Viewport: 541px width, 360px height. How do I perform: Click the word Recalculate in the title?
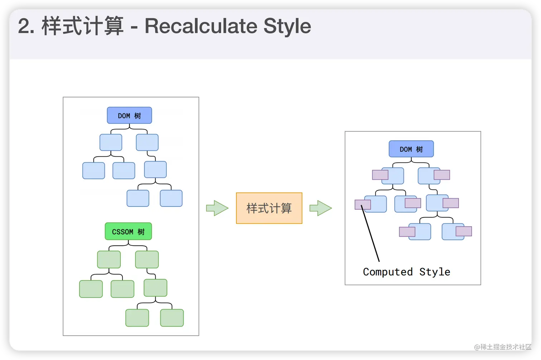(201, 26)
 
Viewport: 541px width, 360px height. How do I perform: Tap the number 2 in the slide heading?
(24, 26)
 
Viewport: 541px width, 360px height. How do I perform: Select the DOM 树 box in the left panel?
(130, 116)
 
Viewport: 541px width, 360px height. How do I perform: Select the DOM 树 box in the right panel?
(411, 149)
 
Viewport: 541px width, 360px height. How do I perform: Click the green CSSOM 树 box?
(128, 231)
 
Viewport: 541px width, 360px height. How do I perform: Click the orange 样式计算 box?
(269, 208)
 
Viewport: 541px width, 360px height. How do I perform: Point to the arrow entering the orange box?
(217, 208)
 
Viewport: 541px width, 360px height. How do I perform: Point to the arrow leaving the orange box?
(321, 208)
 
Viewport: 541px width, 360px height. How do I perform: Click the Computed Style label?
(406, 272)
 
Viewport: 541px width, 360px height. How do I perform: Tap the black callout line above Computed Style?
(370, 233)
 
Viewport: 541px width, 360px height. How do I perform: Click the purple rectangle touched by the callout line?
(363, 205)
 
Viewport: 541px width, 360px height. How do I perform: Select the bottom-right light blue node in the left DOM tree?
(171, 198)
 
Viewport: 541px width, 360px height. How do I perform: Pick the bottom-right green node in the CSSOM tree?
(172, 318)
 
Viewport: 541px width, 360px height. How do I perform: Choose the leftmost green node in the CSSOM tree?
(91, 289)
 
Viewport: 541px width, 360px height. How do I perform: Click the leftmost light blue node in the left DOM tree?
(94, 171)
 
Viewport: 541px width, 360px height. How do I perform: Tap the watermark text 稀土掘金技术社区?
(506, 347)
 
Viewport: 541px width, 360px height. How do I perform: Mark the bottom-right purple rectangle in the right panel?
(464, 231)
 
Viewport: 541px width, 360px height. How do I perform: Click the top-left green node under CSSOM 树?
(109, 259)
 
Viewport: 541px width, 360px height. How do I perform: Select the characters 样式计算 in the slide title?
(82, 26)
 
